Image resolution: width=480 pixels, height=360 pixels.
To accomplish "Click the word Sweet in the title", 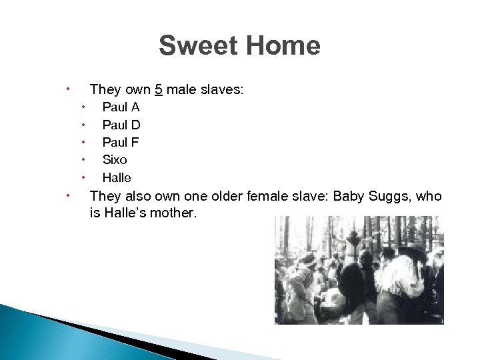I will pos(199,46).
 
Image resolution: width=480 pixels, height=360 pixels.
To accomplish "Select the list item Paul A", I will pos(121,107).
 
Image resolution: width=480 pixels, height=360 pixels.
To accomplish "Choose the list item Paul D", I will pos(121,125).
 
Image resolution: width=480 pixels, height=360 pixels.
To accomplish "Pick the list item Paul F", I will pos(120,142).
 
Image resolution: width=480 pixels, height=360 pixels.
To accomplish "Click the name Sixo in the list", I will pos(115,160).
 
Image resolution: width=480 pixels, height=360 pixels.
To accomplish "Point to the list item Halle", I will pos(117,178).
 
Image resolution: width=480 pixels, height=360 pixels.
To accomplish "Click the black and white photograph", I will pos(359,270).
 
